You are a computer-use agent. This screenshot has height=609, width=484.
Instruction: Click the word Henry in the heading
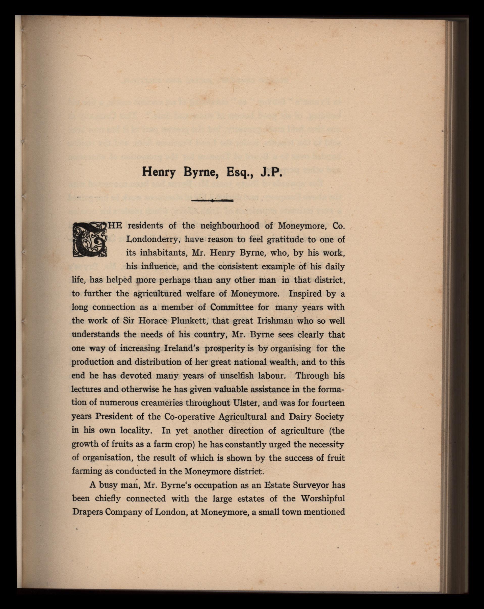158,172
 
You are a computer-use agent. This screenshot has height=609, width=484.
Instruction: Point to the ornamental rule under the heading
212,201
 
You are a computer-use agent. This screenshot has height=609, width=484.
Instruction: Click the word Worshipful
323,499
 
